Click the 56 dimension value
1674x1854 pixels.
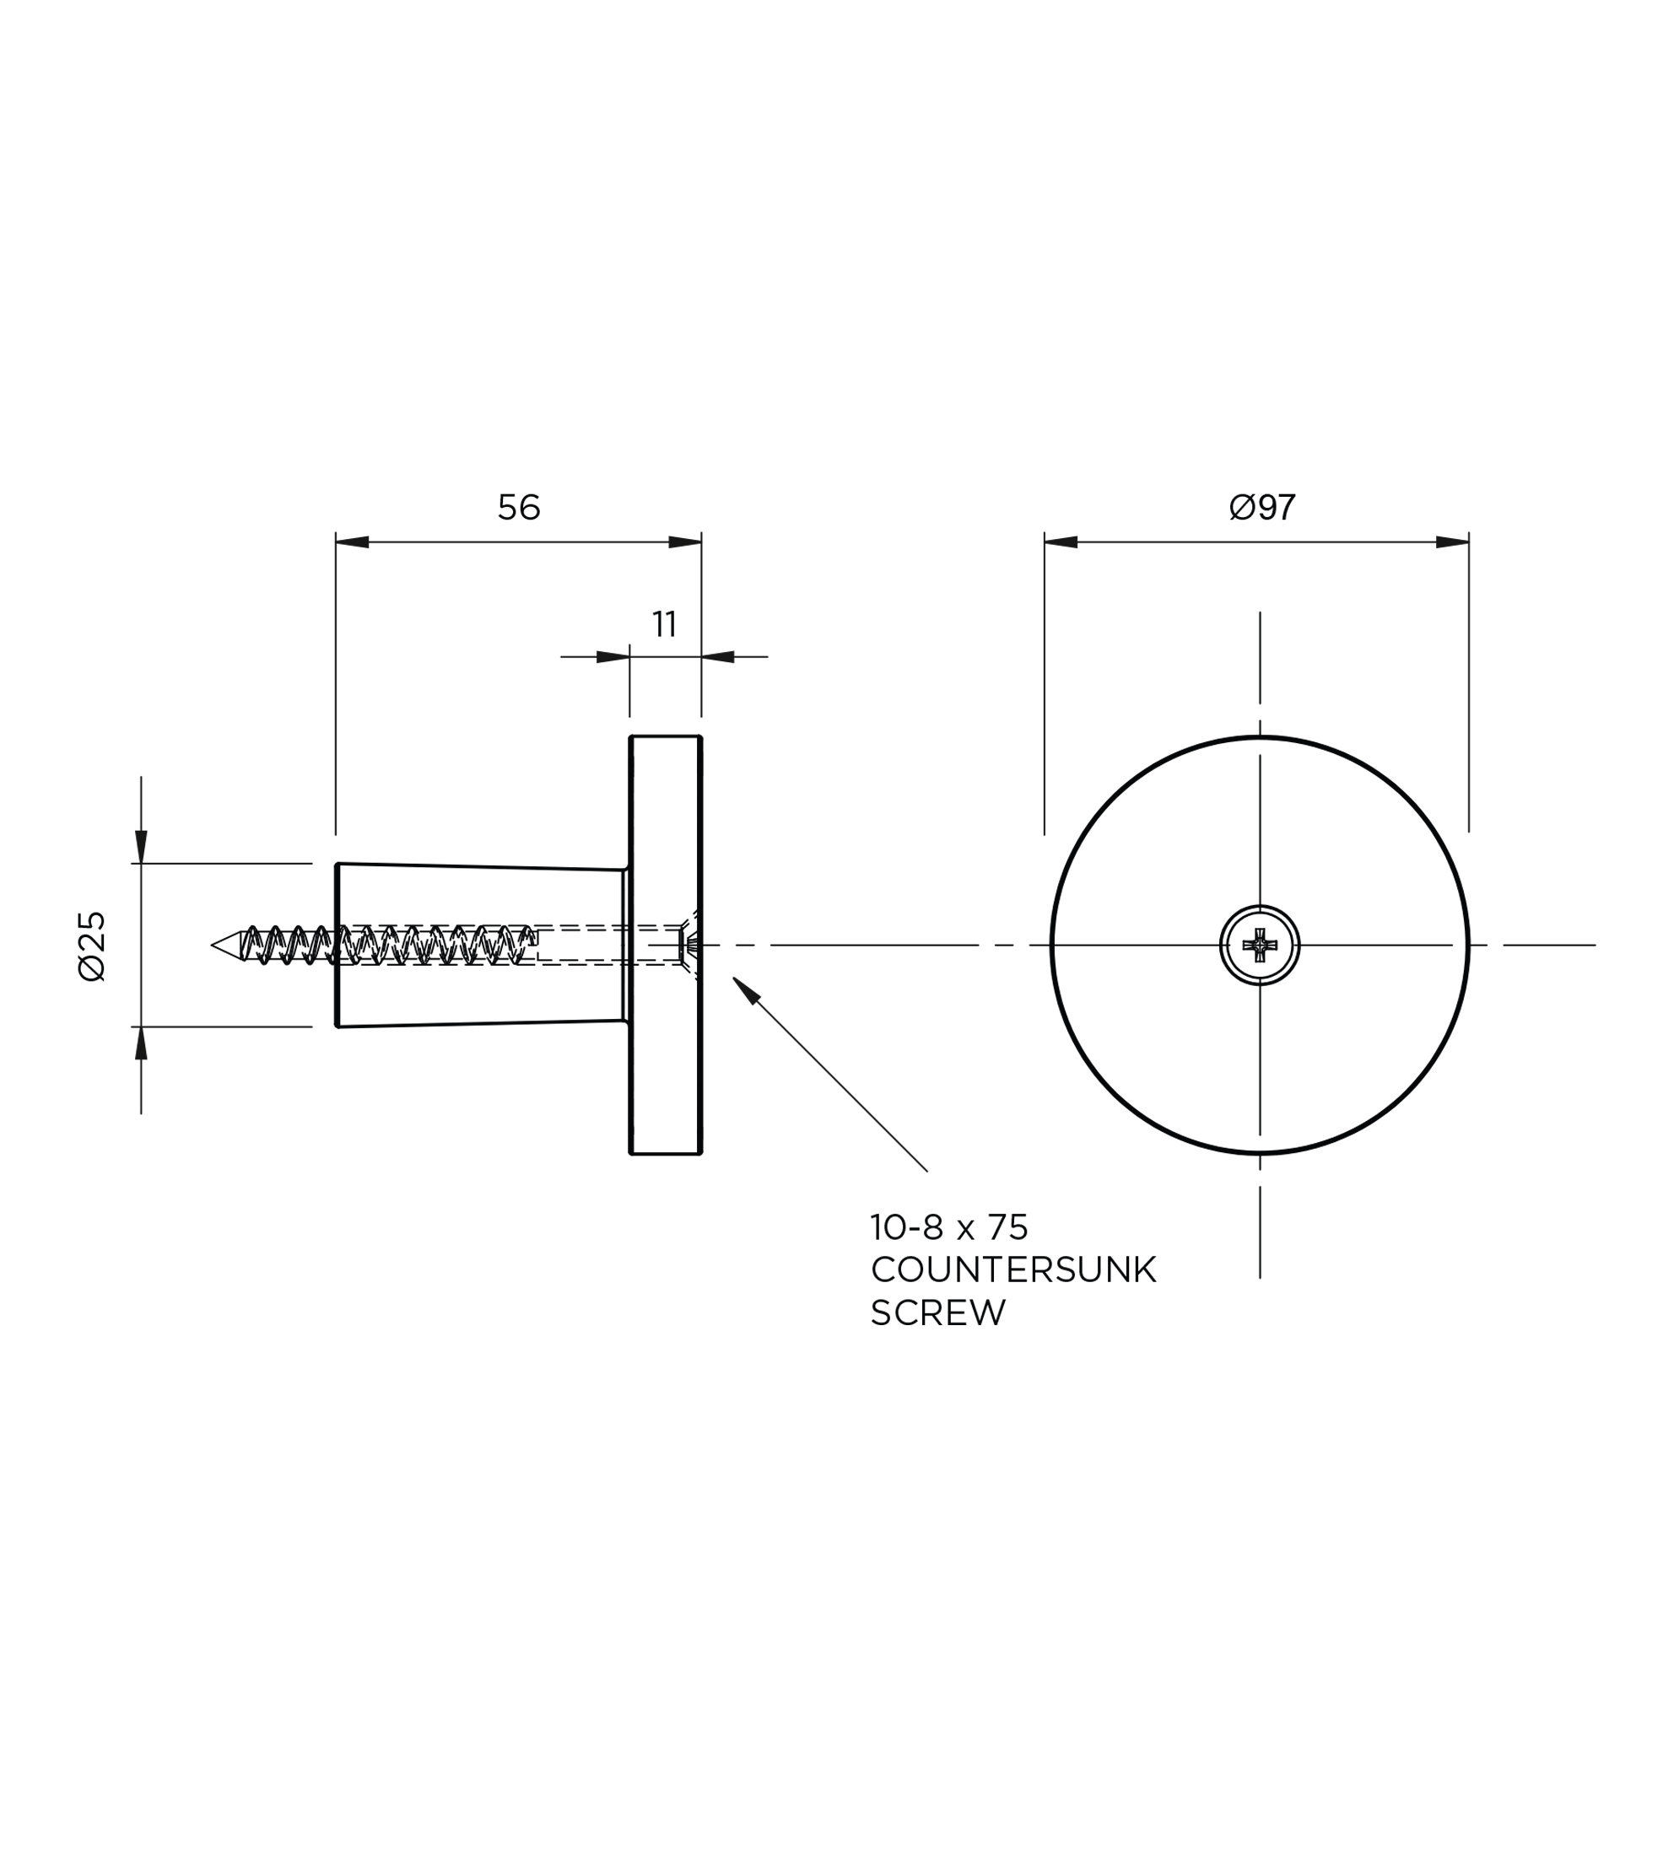coord(519,508)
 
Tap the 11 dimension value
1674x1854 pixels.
coord(664,624)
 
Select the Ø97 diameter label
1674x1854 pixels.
coord(1262,508)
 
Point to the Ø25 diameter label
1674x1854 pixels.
coord(93,946)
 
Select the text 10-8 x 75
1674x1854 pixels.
coord(949,1228)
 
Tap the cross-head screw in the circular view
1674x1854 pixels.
coord(1259,945)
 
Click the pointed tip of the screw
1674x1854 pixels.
coord(213,945)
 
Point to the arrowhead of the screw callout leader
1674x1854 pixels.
coord(745,989)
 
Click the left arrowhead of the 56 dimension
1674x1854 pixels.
coord(353,542)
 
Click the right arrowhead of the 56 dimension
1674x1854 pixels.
coord(684,542)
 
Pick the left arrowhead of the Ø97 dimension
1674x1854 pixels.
coord(1061,542)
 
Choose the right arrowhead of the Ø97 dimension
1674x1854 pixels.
coord(1452,542)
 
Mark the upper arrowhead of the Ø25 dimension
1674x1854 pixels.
coord(141,847)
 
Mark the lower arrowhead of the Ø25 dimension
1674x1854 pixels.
coord(141,1043)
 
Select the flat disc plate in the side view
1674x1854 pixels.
coord(666,945)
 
